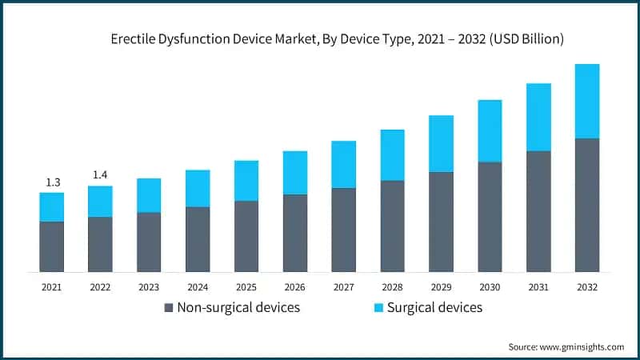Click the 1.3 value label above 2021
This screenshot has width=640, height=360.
(52, 182)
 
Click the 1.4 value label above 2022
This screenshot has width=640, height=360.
(100, 174)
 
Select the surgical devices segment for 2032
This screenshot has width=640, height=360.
(587, 101)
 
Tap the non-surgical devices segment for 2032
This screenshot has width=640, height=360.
(587, 205)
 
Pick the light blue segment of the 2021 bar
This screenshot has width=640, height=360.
(52, 207)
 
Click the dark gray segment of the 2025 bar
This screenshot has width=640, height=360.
(246, 236)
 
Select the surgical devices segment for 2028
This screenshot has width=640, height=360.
(392, 154)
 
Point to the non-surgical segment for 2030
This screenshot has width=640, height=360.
(490, 217)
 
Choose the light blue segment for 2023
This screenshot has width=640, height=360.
(149, 195)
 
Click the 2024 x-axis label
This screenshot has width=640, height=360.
(198, 286)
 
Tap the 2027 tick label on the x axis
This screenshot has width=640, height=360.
(343, 286)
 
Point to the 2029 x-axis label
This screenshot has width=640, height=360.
(441, 286)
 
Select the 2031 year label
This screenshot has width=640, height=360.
(538, 286)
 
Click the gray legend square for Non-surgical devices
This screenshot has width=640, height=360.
(168, 307)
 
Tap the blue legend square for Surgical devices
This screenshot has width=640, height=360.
(378, 307)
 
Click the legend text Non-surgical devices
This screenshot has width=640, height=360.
(238, 307)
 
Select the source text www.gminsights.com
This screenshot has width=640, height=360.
(583, 346)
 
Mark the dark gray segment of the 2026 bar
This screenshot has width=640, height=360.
(295, 233)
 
